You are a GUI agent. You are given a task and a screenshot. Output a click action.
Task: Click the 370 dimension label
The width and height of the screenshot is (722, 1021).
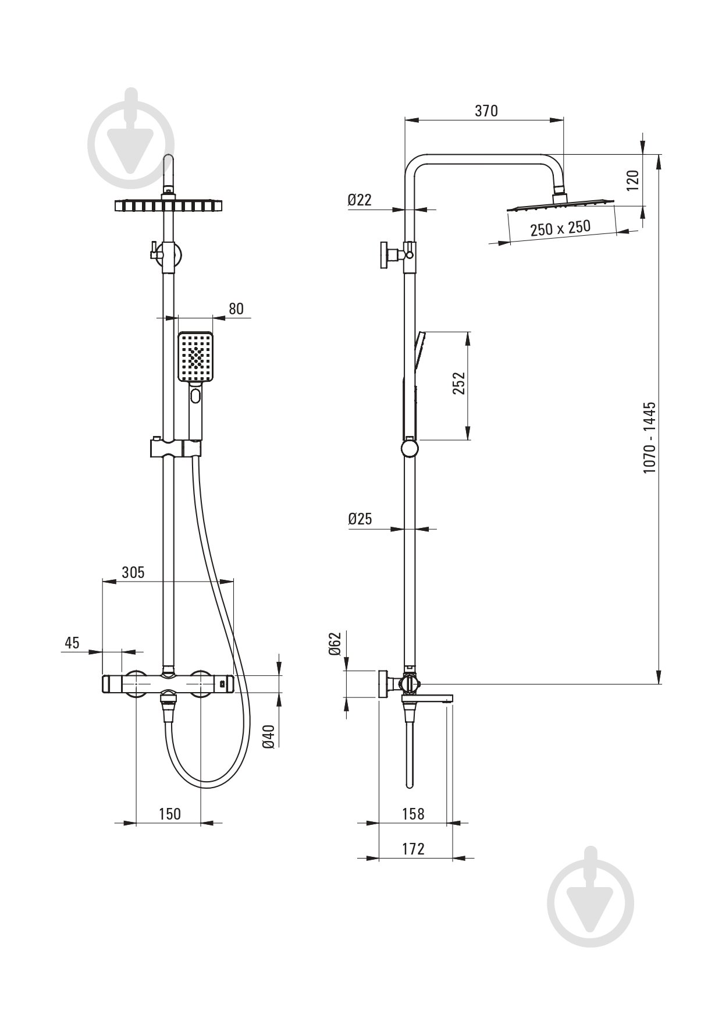coord(486,111)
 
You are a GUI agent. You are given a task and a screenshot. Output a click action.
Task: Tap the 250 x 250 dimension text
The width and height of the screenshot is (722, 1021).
coord(560,228)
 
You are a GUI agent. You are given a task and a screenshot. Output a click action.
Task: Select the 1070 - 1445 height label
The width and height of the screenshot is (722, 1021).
coord(649,437)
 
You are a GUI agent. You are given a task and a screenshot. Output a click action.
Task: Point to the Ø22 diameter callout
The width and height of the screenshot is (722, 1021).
coord(360,200)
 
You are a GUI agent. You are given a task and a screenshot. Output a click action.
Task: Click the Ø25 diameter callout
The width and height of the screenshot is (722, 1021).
coord(360,519)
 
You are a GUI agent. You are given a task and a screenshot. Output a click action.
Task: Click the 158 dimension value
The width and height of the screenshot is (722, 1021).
coord(413,813)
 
